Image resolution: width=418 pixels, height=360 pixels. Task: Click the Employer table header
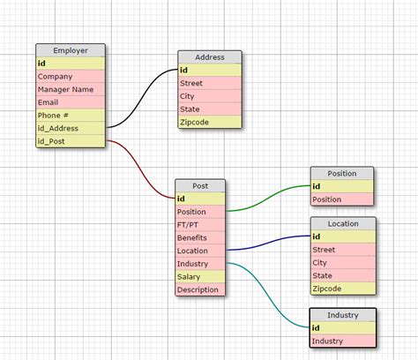click(x=70, y=50)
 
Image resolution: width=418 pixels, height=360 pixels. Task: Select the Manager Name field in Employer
click(x=70, y=89)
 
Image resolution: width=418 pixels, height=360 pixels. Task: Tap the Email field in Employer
click(x=70, y=102)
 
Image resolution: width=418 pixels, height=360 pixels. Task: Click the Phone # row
click(x=70, y=115)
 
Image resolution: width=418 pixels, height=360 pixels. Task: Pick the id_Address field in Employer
click(x=70, y=128)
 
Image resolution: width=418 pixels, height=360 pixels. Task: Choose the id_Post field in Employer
click(x=70, y=140)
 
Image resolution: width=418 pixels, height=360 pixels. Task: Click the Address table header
click(x=209, y=56)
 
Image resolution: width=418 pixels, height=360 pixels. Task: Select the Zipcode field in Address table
click(x=209, y=121)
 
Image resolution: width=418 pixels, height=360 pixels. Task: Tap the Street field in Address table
click(x=209, y=83)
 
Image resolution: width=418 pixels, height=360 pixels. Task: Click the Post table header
click(x=200, y=185)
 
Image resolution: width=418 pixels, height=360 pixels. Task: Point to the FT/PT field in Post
click(x=200, y=224)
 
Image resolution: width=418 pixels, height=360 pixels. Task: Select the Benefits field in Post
click(x=200, y=237)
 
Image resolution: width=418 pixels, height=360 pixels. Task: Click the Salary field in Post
click(x=200, y=276)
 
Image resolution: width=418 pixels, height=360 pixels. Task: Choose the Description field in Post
click(x=200, y=289)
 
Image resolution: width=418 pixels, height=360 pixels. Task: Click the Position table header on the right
click(x=341, y=173)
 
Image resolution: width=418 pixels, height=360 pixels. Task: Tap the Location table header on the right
click(x=342, y=224)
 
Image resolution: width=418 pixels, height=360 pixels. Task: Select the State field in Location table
click(x=342, y=275)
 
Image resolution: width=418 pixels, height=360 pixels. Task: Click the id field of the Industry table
click(x=342, y=328)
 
